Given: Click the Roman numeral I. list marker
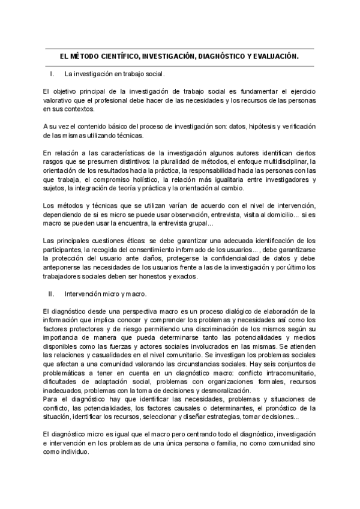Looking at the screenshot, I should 52,74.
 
